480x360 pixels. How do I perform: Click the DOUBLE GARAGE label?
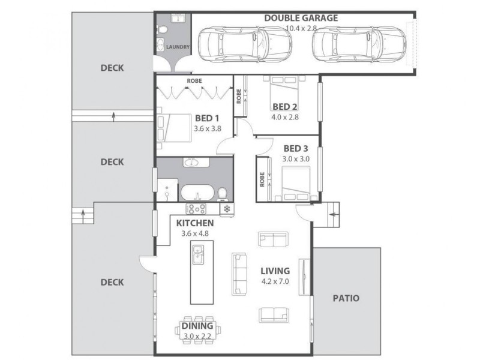coord(301,18)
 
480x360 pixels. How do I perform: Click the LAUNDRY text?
coord(178,46)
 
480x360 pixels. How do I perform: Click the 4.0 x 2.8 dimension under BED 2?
coord(285,117)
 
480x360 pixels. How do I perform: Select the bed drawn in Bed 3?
coord(296,182)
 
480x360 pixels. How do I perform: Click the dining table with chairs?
coord(202,330)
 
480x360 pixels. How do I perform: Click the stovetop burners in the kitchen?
coord(196,209)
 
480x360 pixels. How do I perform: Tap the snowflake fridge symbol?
coord(227,209)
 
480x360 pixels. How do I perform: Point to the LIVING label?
coord(275,271)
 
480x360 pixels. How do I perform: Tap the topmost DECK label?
coord(112,68)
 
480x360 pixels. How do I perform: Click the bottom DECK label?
coord(112,282)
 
